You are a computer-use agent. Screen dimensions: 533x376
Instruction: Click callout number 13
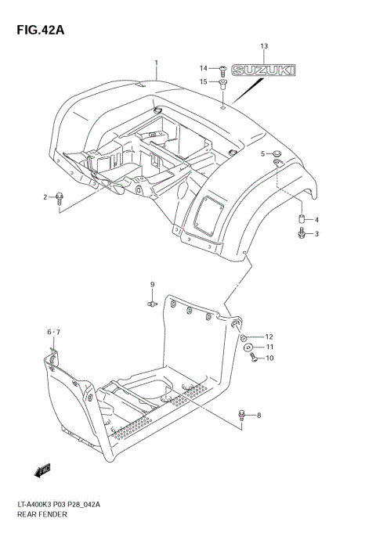pyautogui.click(x=264, y=48)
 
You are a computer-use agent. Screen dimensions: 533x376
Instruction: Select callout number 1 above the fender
pyautogui.click(x=156, y=62)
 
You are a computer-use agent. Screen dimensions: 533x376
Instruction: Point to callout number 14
pyautogui.click(x=202, y=67)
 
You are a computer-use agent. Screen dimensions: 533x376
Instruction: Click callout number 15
pyautogui.click(x=202, y=81)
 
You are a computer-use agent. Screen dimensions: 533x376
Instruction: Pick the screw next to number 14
pyautogui.click(x=222, y=69)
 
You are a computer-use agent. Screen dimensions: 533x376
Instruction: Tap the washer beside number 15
pyautogui.click(x=222, y=81)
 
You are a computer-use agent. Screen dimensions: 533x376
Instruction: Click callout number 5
pyautogui.click(x=263, y=153)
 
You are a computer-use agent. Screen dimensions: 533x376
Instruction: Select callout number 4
pyautogui.click(x=316, y=220)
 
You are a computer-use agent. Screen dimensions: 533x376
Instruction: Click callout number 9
pyautogui.click(x=153, y=284)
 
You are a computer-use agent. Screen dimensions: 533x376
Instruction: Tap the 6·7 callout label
pyautogui.click(x=52, y=333)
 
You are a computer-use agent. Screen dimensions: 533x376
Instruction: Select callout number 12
pyautogui.click(x=269, y=337)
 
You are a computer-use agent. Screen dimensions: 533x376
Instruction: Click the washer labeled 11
pyautogui.click(x=248, y=348)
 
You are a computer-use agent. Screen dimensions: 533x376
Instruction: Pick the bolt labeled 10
pyautogui.click(x=252, y=358)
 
